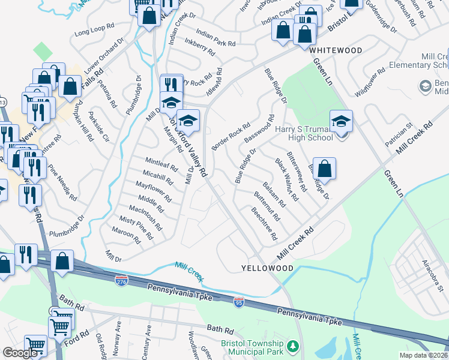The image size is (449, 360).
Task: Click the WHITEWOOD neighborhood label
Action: coord(336,51)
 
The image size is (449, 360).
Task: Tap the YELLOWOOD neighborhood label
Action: coord(267,268)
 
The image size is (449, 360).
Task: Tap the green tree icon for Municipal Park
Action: coord(292,346)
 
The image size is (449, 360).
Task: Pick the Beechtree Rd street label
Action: coord(264,223)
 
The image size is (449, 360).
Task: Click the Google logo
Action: coord(20,353)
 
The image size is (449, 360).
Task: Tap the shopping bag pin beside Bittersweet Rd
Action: coord(324,170)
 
